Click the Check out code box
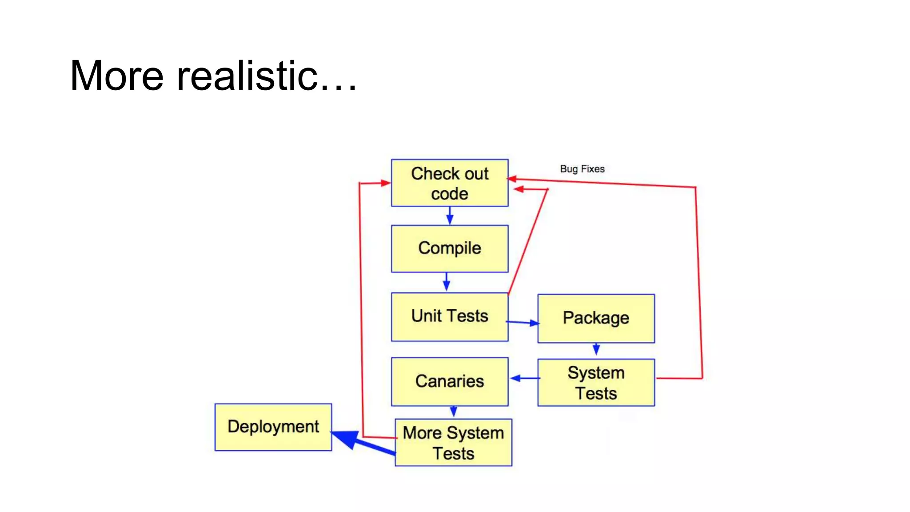click(x=449, y=183)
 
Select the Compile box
click(x=449, y=248)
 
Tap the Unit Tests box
click(x=449, y=316)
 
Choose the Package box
click(x=595, y=318)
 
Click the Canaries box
click(x=449, y=381)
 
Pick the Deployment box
click(x=273, y=427)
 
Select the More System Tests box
click(x=453, y=443)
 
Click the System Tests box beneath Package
click(x=595, y=382)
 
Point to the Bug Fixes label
click(x=582, y=169)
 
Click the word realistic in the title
click(x=247, y=76)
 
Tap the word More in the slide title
click(x=116, y=76)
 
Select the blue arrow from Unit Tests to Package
click(x=523, y=322)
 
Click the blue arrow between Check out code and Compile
click(x=450, y=216)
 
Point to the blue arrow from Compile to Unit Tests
click(x=447, y=282)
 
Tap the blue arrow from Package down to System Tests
click(x=596, y=349)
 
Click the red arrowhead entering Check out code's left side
click(x=385, y=183)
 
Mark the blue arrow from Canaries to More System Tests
click(x=453, y=412)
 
